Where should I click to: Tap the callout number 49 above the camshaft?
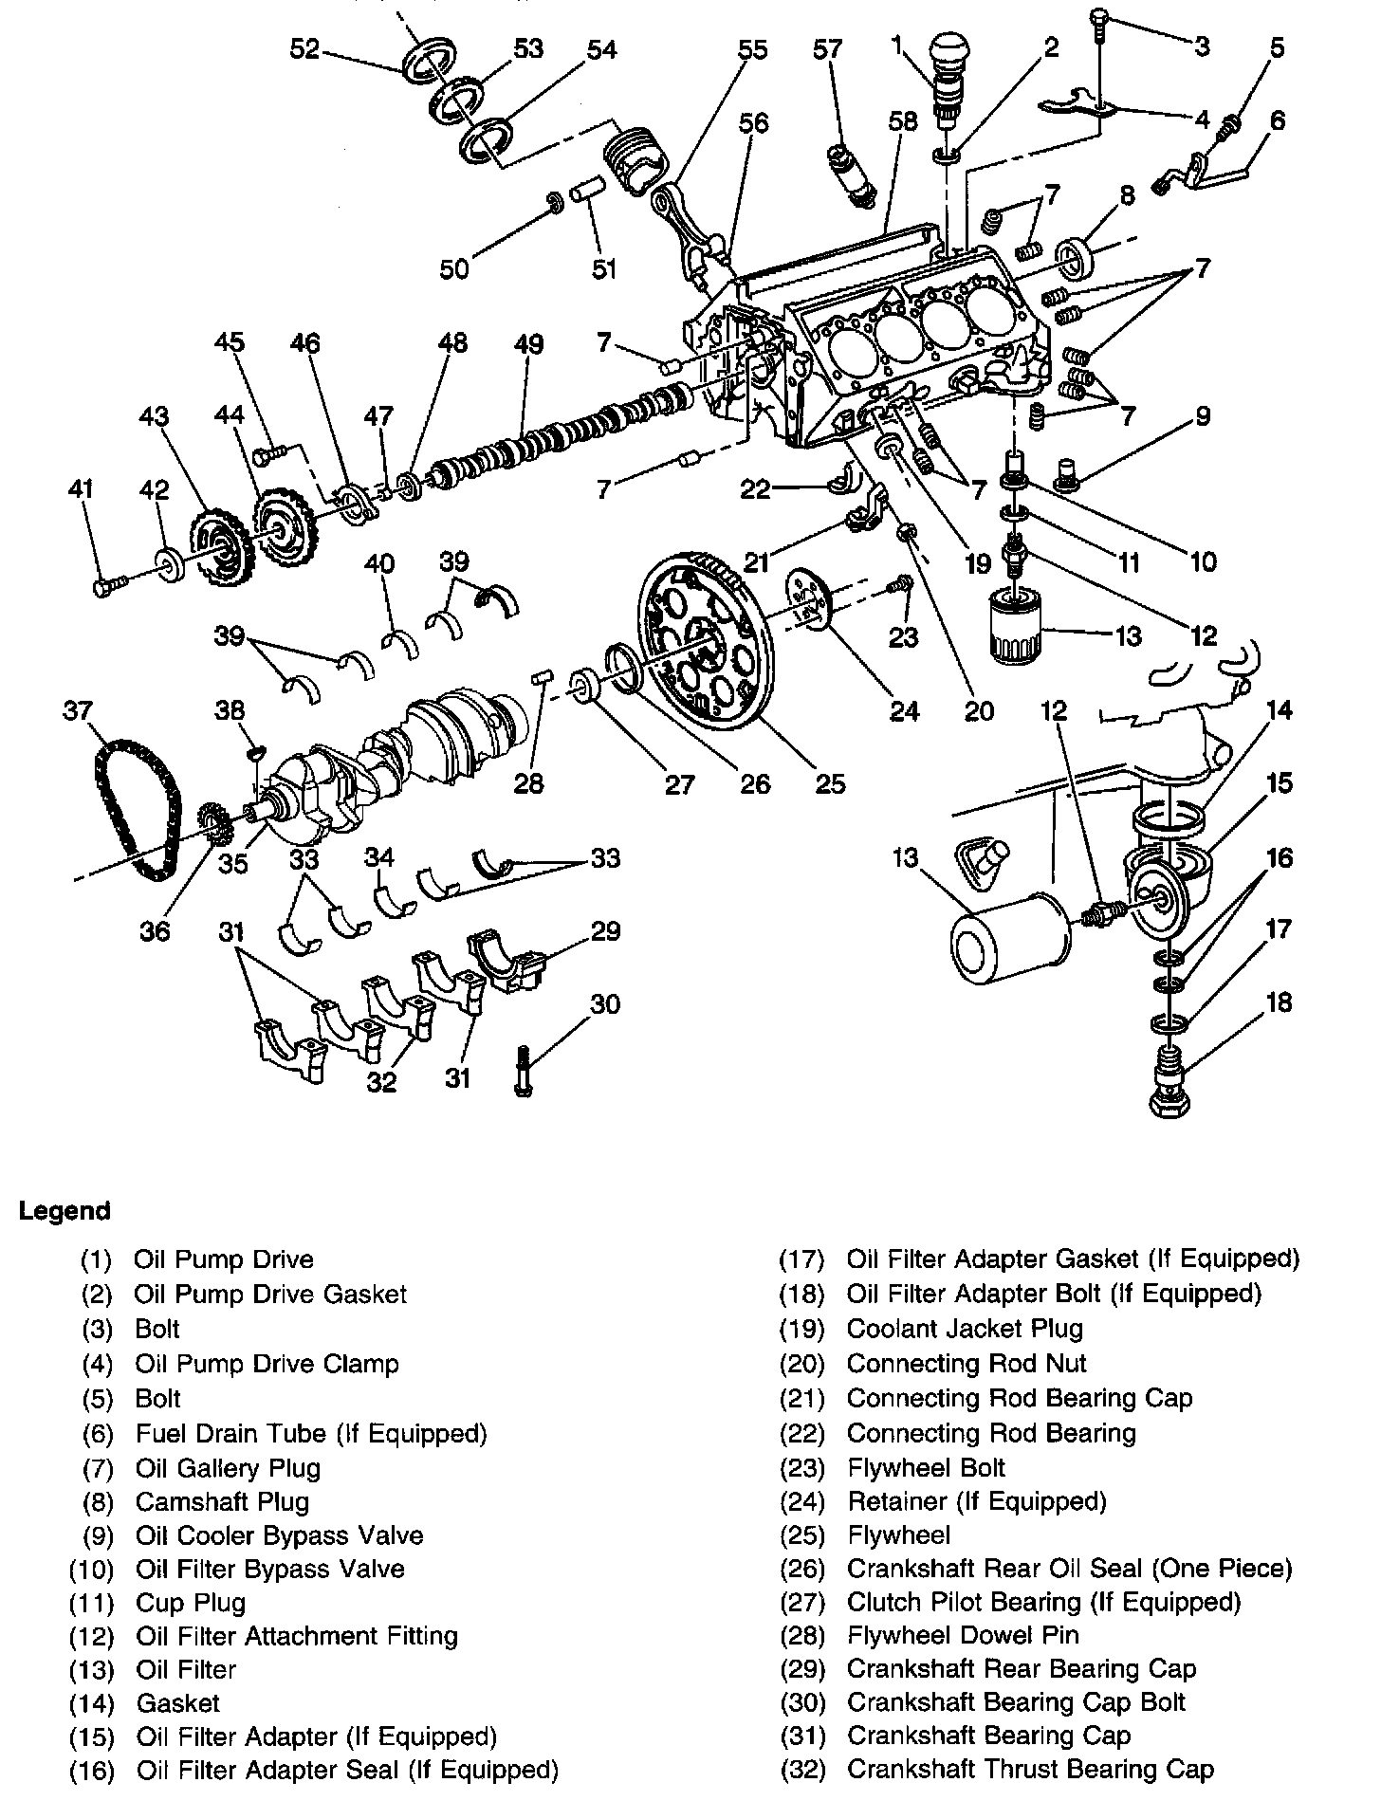pos(529,343)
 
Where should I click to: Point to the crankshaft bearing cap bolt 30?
pos(523,1071)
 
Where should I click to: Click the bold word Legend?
pos(64,1211)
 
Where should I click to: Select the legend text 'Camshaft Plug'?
pos(222,1501)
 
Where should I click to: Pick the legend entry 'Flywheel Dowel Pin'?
pos(962,1634)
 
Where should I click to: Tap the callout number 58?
pos(903,121)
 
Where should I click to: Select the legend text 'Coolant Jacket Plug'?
pos(964,1329)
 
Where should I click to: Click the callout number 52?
pos(304,49)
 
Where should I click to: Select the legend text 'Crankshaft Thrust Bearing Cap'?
pos(1029,1769)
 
